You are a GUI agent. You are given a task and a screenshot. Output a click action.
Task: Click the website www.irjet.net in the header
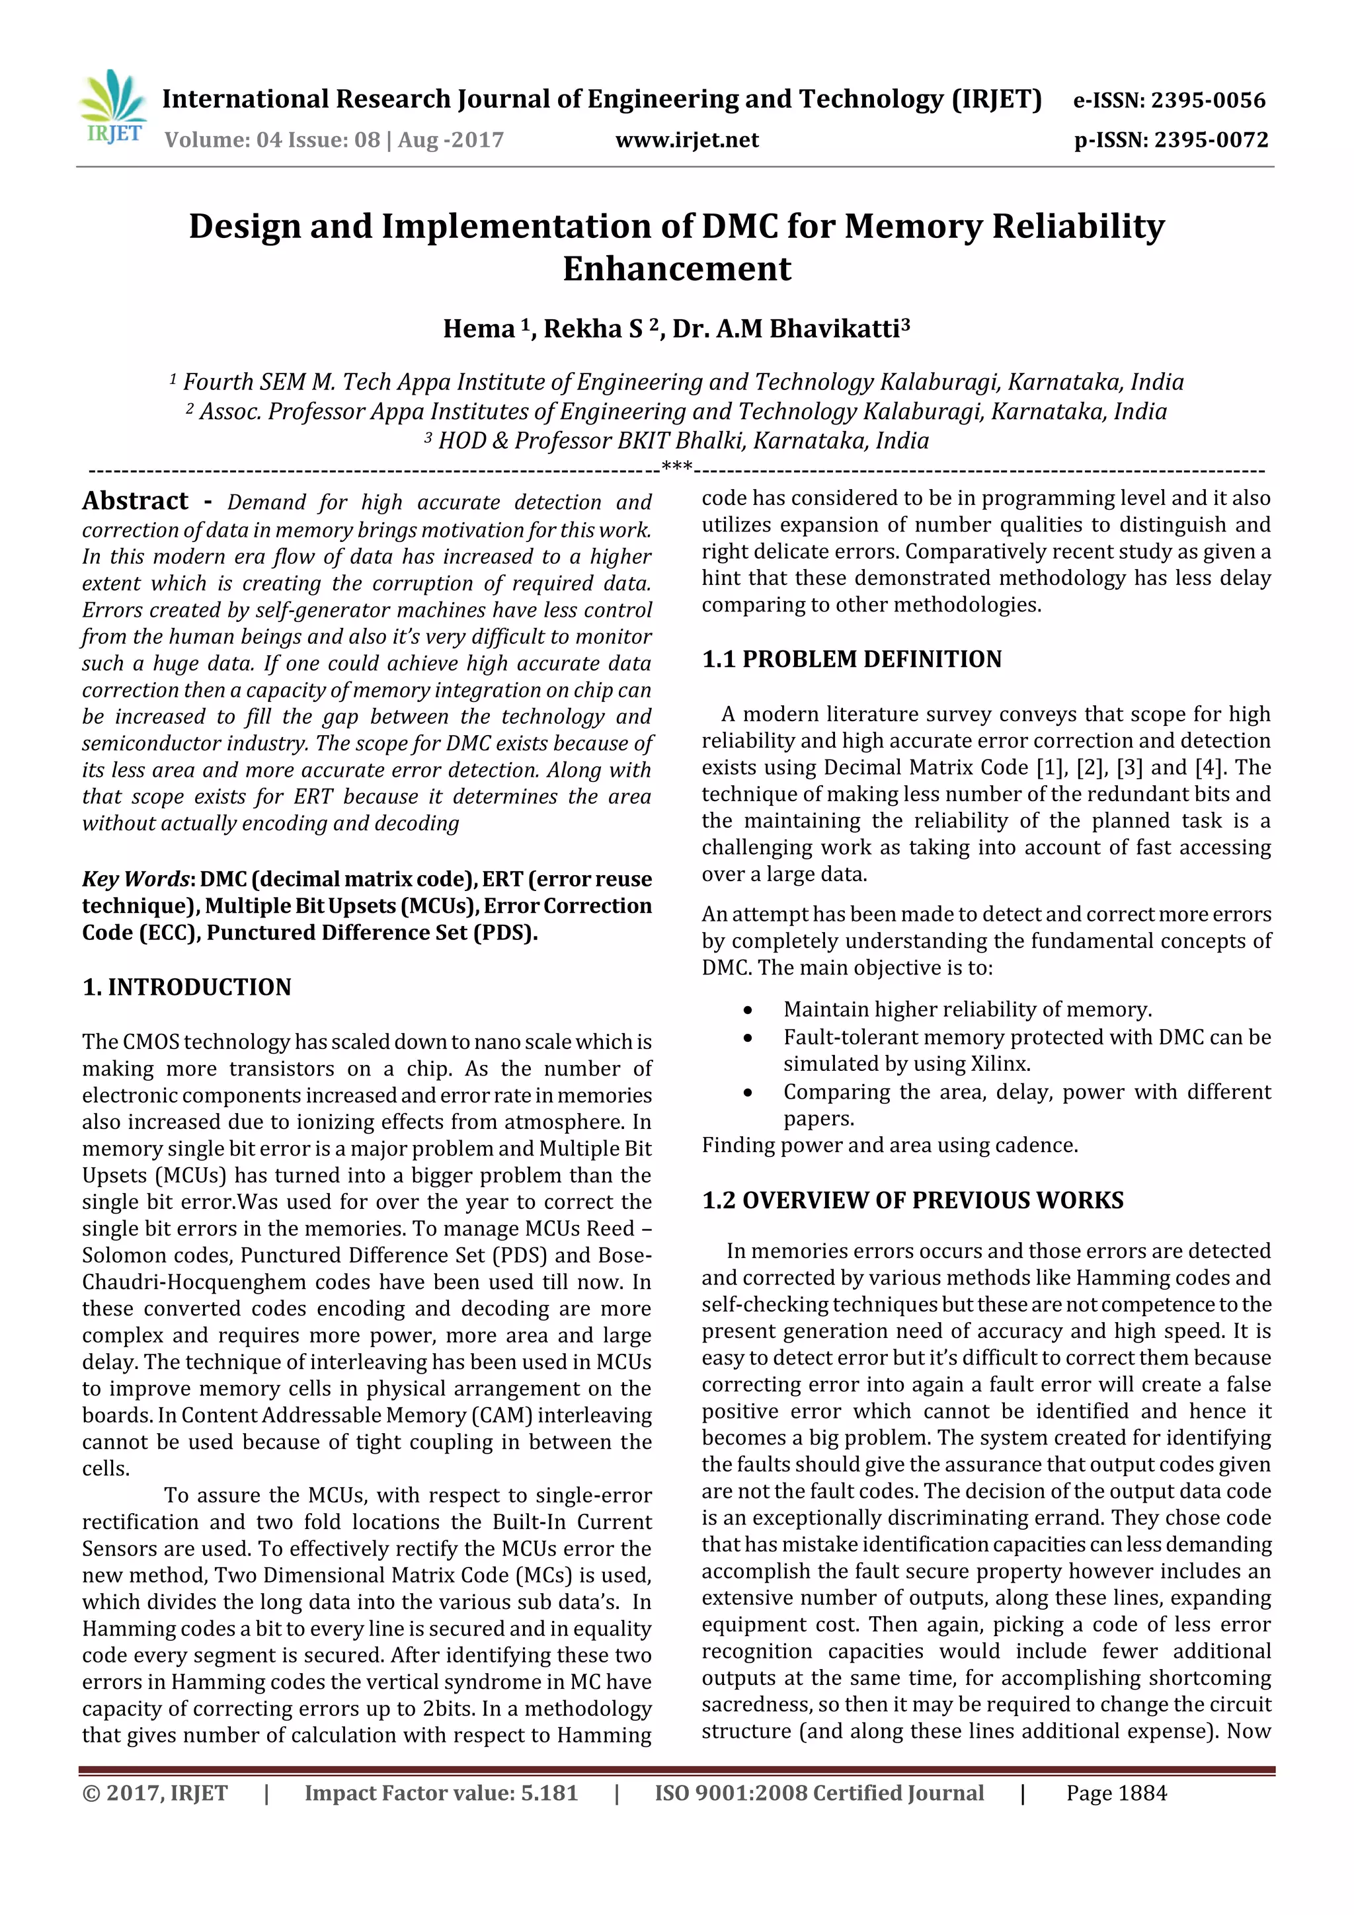pos(687,140)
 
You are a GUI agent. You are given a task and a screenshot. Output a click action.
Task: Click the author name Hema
pos(479,329)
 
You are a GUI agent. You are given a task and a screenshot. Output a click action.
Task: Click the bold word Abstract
pos(135,500)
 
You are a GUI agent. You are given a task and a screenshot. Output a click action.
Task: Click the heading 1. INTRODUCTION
pos(187,988)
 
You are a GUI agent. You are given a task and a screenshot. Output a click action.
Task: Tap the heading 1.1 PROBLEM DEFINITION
pos(851,660)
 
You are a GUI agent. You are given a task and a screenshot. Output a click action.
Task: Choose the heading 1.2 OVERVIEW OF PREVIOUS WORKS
pos(912,1200)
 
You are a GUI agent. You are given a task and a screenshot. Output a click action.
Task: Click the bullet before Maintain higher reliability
pos(748,1011)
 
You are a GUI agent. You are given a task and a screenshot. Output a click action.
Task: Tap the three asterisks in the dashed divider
pos(676,466)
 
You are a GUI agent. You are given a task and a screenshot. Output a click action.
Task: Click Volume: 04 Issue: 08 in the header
pos(272,140)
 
